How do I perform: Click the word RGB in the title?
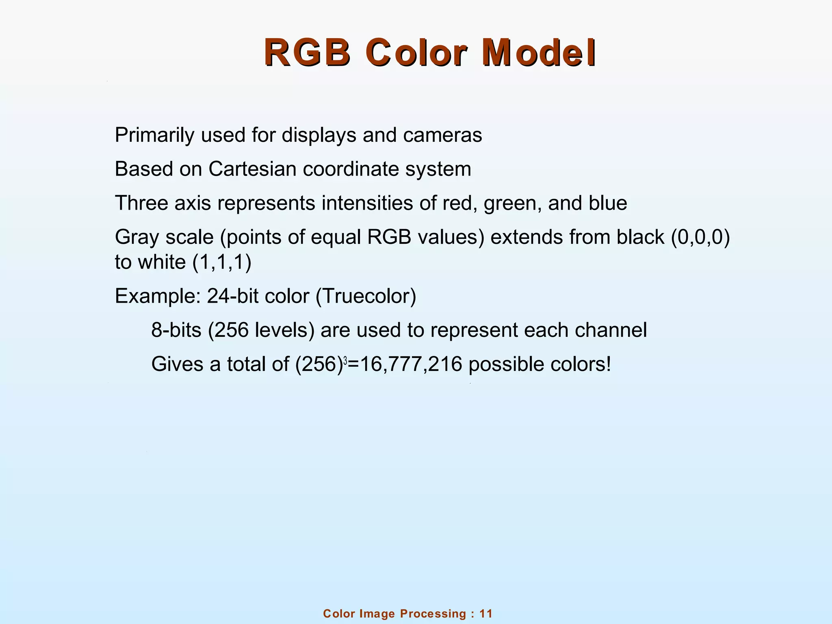coord(308,53)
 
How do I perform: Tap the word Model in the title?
coord(539,53)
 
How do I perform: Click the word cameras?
coord(442,135)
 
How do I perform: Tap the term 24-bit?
coord(233,296)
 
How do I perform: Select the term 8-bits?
coord(176,330)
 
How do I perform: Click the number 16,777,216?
coord(405,364)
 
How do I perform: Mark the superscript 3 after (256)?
coord(345,360)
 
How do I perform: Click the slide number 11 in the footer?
coord(486,614)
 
